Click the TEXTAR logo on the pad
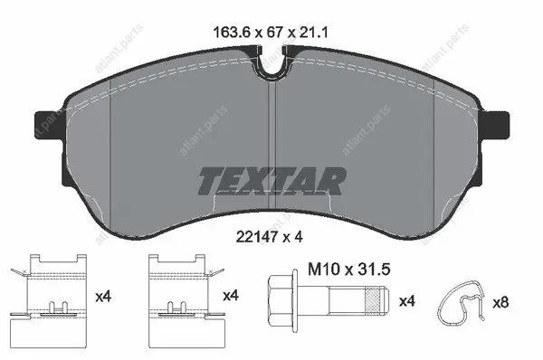pos(272,181)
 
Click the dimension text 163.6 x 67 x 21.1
pos(271,33)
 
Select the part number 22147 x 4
pos(270,237)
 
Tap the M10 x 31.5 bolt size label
pos(349,269)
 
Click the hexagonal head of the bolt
pos(281,300)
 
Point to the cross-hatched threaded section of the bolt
pos(375,300)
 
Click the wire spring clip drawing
pos(462,302)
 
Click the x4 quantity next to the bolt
pos(407,301)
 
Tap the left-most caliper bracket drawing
pos(49,300)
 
